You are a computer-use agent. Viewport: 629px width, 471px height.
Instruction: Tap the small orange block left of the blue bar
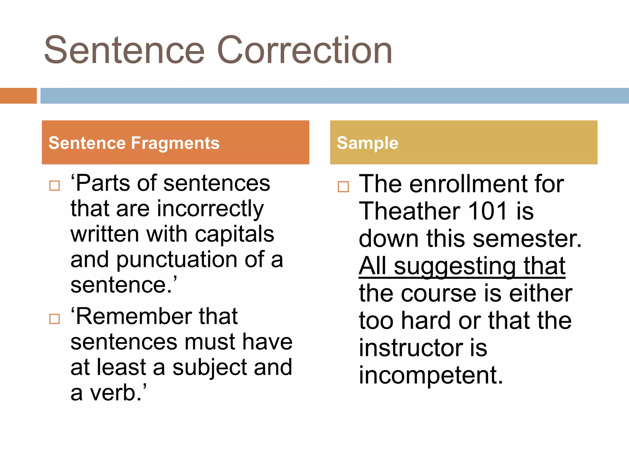18,96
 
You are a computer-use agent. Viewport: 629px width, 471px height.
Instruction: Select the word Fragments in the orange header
175,143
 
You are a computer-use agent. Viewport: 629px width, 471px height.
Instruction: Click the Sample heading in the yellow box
367,143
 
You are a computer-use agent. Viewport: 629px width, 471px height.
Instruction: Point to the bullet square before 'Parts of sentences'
55,186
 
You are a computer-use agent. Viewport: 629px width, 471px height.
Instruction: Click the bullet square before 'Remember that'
55,319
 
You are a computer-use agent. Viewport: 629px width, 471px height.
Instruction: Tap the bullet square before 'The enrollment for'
343,187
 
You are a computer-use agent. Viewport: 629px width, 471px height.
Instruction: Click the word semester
527,239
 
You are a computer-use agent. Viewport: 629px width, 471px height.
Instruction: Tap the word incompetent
431,375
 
